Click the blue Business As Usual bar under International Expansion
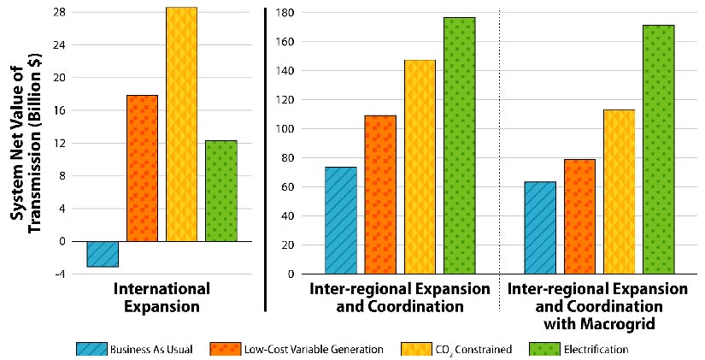click(x=103, y=254)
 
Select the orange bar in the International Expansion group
click(x=142, y=168)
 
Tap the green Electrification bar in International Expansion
click(x=220, y=191)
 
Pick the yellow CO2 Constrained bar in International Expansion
click(x=181, y=124)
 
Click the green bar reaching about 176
click(x=459, y=145)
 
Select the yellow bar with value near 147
click(x=420, y=167)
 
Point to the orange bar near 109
click(x=380, y=194)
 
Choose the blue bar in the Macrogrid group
click(x=540, y=227)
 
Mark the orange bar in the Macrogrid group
click(x=579, y=216)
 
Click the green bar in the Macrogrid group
click(x=658, y=149)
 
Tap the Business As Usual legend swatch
click(x=91, y=349)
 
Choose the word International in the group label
click(x=162, y=288)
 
